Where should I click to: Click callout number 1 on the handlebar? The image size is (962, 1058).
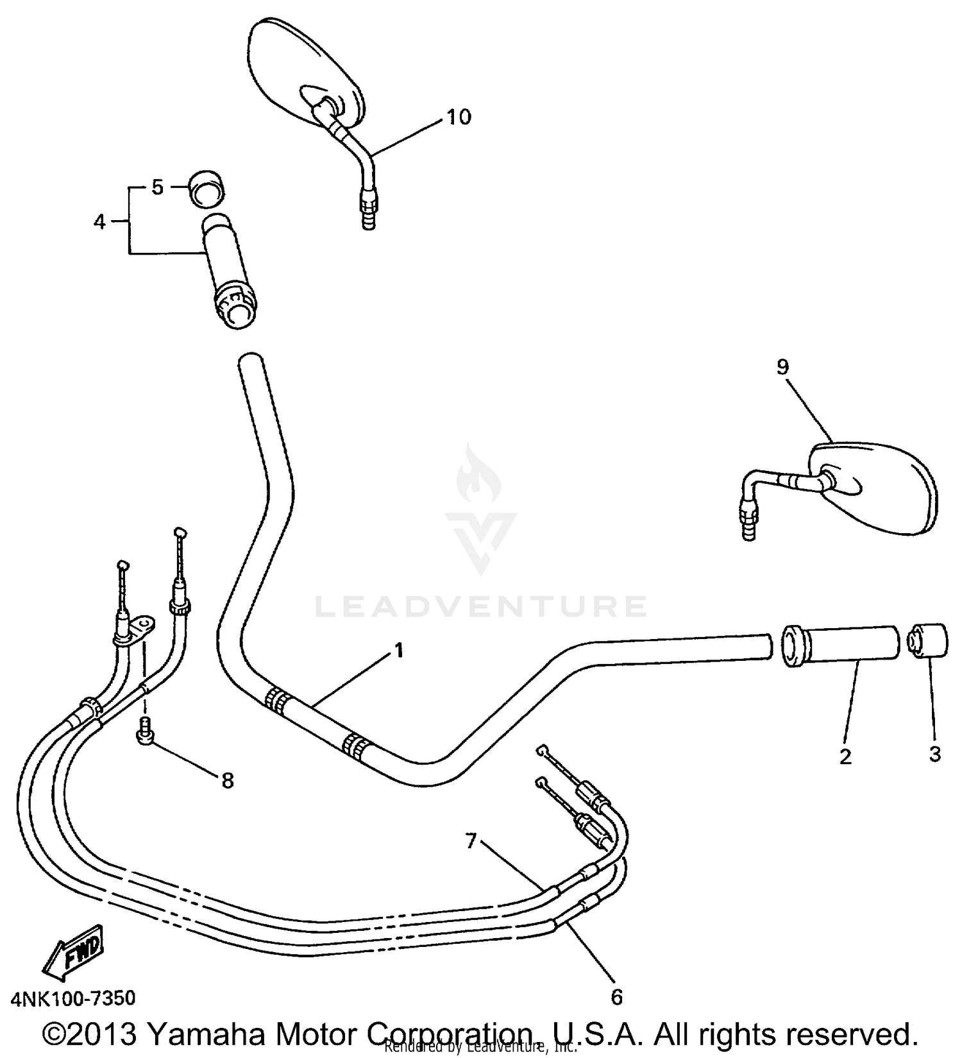pos(399,651)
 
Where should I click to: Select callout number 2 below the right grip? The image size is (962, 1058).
pos(845,756)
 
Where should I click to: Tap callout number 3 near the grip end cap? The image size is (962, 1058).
pos(934,754)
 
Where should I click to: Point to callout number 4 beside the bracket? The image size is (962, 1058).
pos(99,222)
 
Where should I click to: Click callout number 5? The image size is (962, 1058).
pos(158,187)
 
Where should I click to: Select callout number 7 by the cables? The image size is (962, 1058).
pos(471,840)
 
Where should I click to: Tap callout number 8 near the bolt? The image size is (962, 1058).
pos(227,780)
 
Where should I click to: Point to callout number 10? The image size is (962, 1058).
pos(459,117)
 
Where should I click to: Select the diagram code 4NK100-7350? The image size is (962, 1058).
pos(73,998)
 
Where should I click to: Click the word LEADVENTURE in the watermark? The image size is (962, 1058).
pos(481,606)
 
